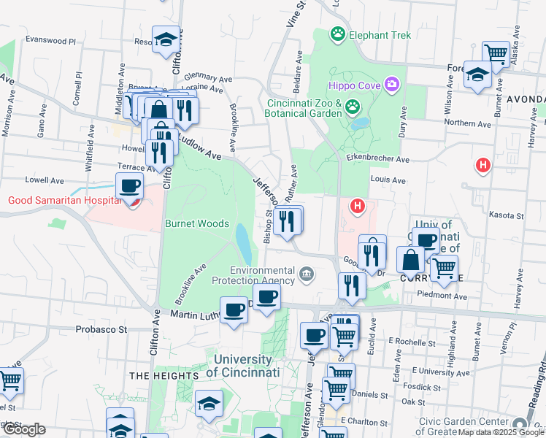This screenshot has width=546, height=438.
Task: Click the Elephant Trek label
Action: click(380, 35)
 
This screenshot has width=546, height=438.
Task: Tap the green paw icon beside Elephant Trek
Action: click(337, 34)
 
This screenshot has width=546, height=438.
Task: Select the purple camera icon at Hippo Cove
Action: click(392, 85)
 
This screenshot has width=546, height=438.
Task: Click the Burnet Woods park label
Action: click(197, 224)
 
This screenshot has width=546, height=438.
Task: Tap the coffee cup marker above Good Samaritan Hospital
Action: click(129, 187)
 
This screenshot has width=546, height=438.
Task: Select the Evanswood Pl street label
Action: click(50, 41)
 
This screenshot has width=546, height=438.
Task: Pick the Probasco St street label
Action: click(101, 329)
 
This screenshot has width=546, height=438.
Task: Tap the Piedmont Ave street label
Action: click(441, 296)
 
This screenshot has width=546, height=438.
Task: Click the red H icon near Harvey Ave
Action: click(482, 166)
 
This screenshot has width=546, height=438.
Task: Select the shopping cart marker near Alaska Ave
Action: click(496, 53)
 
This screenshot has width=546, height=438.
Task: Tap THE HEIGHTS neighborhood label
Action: click(164, 375)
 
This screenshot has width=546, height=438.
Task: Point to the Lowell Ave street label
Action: click(45, 180)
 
